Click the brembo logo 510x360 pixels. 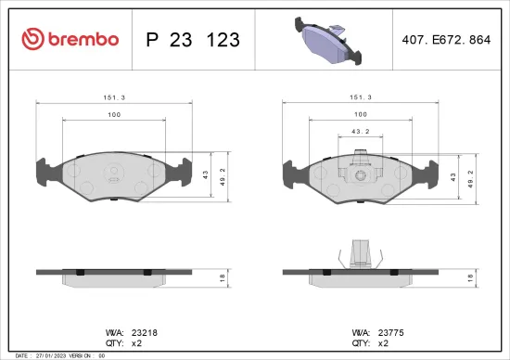coord(70,39)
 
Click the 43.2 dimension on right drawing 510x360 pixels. coord(361,132)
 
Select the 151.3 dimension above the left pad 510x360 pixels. coord(115,96)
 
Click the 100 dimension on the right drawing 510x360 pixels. coord(361,114)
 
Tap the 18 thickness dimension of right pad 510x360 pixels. coord(472,277)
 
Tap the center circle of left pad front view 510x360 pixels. coord(114,171)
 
